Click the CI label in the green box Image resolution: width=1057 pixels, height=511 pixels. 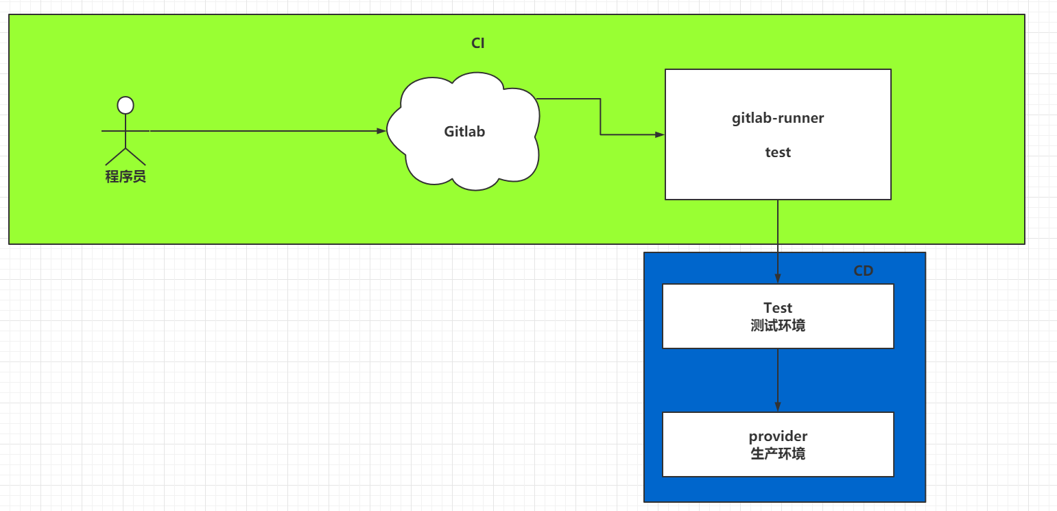point(477,43)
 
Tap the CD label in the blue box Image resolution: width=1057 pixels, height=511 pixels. point(863,270)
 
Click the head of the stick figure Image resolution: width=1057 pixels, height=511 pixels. point(126,105)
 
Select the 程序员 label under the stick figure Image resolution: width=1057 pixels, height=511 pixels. point(126,176)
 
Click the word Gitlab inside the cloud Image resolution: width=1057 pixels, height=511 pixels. point(464,131)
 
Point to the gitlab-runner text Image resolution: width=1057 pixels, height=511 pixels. point(778,118)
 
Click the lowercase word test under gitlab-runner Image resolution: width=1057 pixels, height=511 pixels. point(778,152)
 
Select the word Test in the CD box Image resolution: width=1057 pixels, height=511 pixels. point(778,308)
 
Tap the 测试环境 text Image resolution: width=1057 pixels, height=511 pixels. point(778,326)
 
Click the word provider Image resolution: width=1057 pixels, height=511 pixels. point(778,436)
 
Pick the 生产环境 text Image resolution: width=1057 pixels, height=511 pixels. point(778,454)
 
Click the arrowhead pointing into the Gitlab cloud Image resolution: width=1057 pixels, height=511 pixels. point(382,131)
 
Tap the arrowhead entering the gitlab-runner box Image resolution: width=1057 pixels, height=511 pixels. point(660,134)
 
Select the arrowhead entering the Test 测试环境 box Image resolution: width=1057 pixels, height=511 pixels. point(778,278)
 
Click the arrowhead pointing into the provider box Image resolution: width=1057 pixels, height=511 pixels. point(778,407)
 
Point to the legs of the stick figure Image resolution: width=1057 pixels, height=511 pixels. point(126,156)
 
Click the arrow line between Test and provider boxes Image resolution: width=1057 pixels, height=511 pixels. point(778,380)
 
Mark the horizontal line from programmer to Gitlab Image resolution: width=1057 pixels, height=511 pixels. point(244,131)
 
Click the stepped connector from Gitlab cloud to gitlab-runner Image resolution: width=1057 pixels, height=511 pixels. point(600,117)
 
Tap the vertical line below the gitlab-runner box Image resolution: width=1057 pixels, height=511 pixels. point(778,241)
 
